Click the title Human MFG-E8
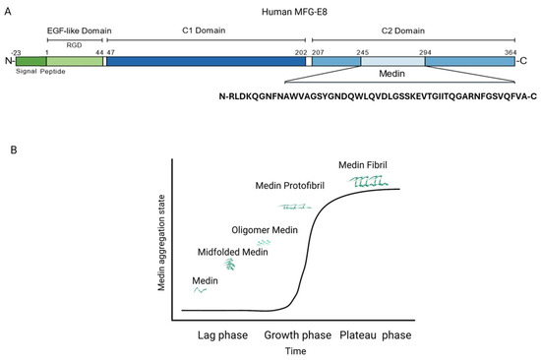click(294, 12)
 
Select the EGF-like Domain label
click(79, 30)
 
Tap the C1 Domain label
click(204, 30)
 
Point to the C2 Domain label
click(403, 30)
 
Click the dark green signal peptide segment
click(31, 61)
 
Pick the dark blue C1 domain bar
click(206, 61)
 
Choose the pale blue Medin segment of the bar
click(393, 61)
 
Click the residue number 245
click(363, 52)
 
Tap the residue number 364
click(511, 52)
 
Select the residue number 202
click(301, 52)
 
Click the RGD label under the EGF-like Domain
click(74, 45)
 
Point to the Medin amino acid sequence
click(378, 96)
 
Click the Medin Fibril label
click(363, 165)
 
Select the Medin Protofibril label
click(290, 186)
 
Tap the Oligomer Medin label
click(265, 230)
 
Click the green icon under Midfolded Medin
click(230, 265)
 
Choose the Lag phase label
click(222, 335)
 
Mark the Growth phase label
click(297, 335)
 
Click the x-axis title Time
click(296, 351)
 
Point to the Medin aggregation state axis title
click(161, 243)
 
